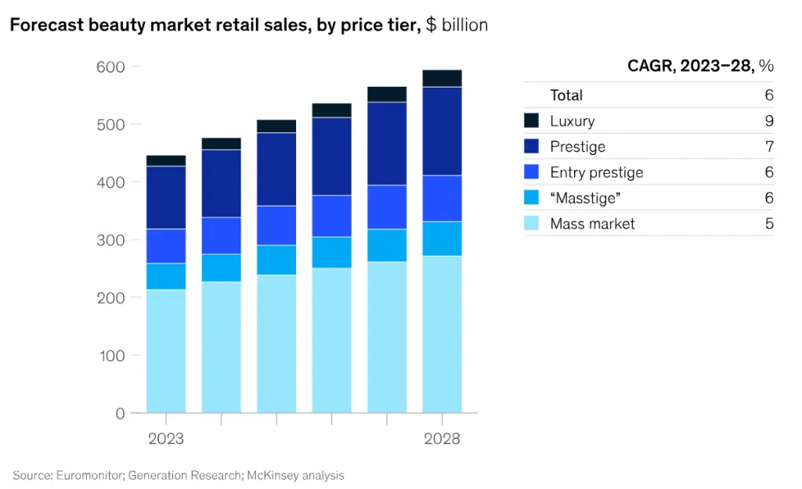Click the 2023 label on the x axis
(x=166, y=438)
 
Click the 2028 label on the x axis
(x=442, y=438)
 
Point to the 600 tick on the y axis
(x=110, y=67)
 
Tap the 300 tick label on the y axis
(x=110, y=240)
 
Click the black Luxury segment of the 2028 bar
(x=442, y=78)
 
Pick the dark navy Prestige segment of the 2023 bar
(x=166, y=197)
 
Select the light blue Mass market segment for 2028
(x=442, y=334)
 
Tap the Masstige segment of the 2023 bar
(x=166, y=276)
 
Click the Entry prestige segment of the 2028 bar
(x=442, y=198)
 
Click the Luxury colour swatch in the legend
(x=532, y=121)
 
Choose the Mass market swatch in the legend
(x=532, y=224)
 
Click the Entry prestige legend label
(x=596, y=173)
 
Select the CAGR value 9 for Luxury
(x=769, y=121)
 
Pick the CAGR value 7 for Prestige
(x=769, y=147)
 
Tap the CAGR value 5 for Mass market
(x=769, y=224)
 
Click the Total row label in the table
(x=566, y=95)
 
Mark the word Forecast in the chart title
(x=45, y=25)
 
